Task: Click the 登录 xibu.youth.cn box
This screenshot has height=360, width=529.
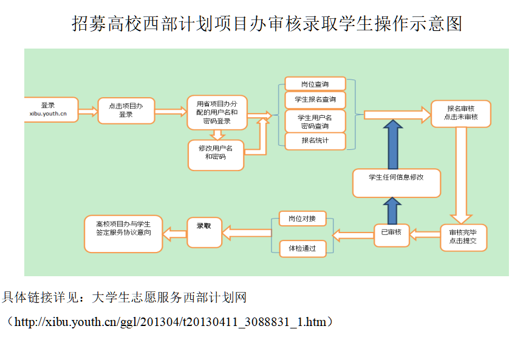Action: click(51, 109)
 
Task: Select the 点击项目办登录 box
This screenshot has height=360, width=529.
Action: click(126, 110)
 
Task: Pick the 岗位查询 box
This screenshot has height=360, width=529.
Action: click(315, 84)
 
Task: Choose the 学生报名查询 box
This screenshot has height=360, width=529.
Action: click(315, 99)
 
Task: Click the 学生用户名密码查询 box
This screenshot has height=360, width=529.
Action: click(315, 121)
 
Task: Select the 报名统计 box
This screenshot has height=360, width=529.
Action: click(315, 141)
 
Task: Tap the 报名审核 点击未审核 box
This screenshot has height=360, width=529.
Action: click(461, 114)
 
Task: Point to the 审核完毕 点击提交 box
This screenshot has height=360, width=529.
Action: click(463, 237)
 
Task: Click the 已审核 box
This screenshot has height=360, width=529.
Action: click(391, 233)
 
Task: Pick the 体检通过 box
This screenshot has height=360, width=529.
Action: click(302, 248)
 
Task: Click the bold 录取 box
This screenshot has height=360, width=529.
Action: click(203, 233)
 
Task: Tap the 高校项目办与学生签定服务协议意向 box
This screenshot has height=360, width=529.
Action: click(123, 233)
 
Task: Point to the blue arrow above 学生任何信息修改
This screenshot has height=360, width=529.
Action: click(393, 144)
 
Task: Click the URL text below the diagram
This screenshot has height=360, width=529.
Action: click(169, 322)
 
